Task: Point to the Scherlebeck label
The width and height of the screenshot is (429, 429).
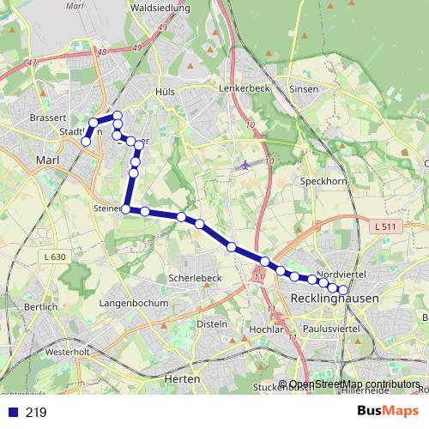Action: coord(196,279)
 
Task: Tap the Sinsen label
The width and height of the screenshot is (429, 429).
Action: coord(305,89)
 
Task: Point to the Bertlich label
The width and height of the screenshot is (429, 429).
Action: coord(41,306)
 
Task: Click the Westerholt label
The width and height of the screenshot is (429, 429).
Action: coord(68,353)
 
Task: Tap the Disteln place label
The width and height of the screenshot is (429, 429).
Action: coord(212,324)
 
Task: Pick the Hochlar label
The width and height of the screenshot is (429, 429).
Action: coord(264,329)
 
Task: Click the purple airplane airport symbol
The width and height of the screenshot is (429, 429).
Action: coord(246,164)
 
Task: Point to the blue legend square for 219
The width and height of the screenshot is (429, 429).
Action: coord(13,413)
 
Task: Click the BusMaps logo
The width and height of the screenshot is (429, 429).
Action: coord(388,412)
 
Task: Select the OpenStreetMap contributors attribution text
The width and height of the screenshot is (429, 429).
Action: coord(354,384)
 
